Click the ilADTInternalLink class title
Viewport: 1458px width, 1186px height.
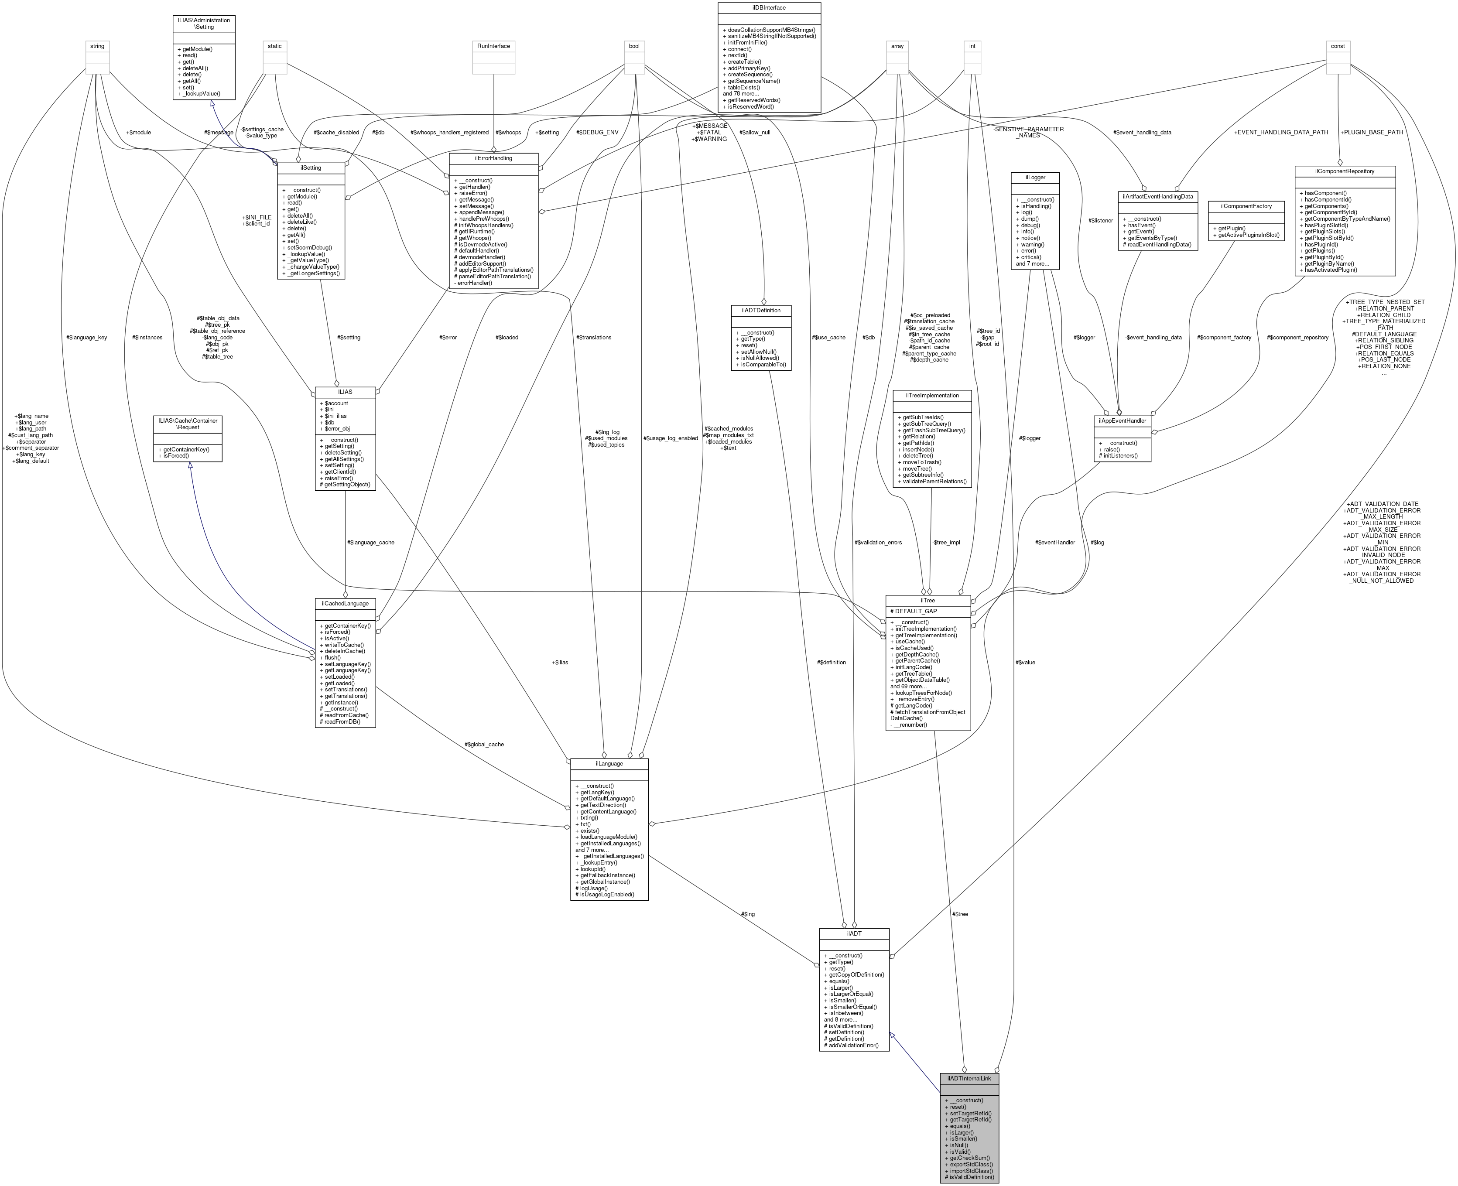(x=969, y=1078)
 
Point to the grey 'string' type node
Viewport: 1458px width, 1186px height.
(x=97, y=46)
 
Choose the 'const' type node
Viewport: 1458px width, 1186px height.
(x=1337, y=46)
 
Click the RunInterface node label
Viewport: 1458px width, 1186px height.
(x=493, y=46)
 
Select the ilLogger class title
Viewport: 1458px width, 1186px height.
(x=1034, y=177)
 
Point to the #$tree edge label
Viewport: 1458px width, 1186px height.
(x=959, y=914)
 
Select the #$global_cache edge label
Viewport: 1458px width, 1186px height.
(x=484, y=744)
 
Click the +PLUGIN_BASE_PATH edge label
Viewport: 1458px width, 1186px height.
(x=1371, y=132)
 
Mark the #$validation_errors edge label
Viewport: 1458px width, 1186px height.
(x=878, y=543)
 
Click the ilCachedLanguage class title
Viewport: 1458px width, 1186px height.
(x=345, y=603)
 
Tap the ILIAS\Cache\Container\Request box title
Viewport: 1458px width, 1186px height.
(x=188, y=424)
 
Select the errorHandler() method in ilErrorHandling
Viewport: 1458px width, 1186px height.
(x=472, y=283)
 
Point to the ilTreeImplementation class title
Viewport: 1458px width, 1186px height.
(x=932, y=395)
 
